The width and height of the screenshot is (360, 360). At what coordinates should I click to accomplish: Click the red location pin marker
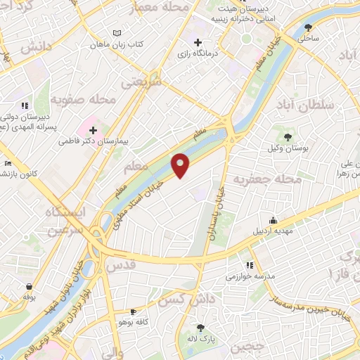pos(181,165)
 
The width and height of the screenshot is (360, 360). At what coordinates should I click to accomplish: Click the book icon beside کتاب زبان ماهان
pos(117,33)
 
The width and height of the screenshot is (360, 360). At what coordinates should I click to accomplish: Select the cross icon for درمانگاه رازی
pos(199,42)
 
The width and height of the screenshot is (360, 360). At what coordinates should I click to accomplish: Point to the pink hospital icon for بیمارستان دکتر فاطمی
pos(93,129)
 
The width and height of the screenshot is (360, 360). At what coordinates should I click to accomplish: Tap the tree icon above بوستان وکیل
pos(287,136)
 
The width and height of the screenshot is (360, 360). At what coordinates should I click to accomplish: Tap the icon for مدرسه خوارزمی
pos(250,265)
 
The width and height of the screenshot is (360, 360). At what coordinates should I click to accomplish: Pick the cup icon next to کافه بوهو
pos(133,311)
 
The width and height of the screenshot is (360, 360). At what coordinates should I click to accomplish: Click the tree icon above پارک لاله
pos(201,327)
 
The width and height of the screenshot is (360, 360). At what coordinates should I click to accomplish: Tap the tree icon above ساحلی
pos(308,28)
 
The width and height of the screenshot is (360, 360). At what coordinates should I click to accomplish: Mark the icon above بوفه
pos(29,286)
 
